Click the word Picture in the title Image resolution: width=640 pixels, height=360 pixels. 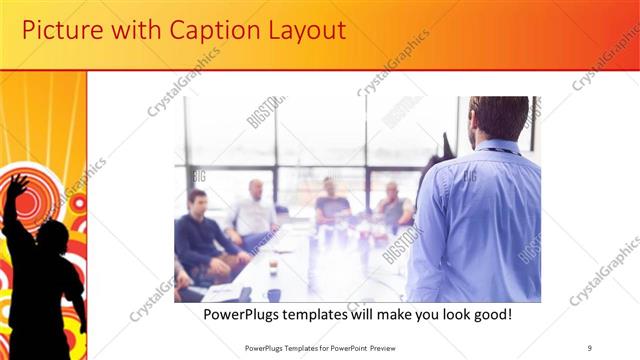click(63, 30)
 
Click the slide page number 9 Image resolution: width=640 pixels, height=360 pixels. click(590, 347)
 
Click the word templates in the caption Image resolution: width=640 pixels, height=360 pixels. click(328, 315)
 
